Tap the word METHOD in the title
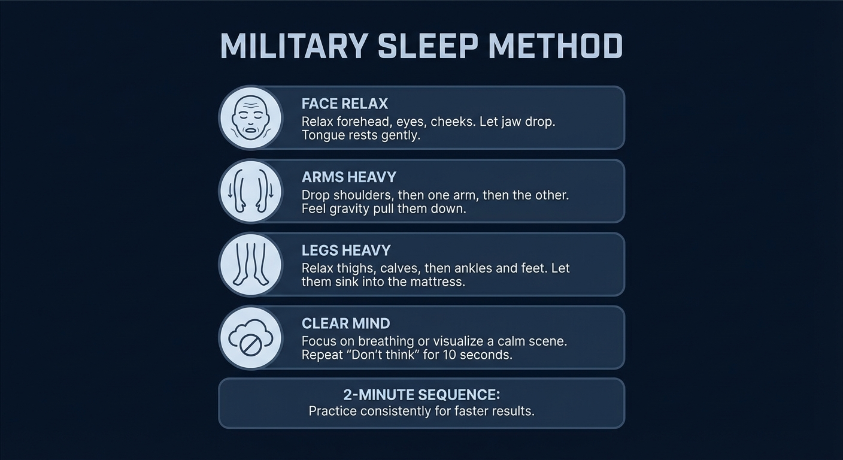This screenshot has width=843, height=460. (x=555, y=46)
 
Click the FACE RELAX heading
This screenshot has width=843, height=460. (x=345, y=104)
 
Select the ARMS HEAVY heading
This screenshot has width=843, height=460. (x=348, y=177)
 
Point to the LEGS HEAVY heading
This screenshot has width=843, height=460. (x=346, y=250)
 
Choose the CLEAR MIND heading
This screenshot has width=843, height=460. (x=345, y=323)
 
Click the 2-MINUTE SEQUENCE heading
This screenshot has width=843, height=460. (x=421, y=395)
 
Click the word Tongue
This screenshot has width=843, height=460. (x=323, y=135)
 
